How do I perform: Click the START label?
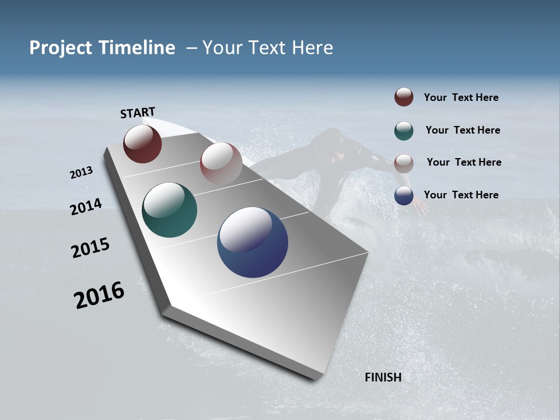pos(138,113)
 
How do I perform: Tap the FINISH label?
pos(383,377)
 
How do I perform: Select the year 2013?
pos(82,173)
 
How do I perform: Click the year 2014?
pos(86,207)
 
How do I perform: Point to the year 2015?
pos(90,248)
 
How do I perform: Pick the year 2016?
pos(99,295)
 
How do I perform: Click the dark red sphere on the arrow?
pos(142,143)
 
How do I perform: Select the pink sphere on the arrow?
pos(221,163)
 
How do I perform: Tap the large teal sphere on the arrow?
pos(169,210)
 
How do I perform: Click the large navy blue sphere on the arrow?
pos(253,242)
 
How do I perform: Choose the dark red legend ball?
pos(404,97)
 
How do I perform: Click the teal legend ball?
pos(404,130)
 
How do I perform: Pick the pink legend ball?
pos(404,163)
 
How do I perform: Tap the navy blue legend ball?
pos(404,195)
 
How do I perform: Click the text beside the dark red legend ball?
pos(461,97)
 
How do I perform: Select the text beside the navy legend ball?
pos(461,195)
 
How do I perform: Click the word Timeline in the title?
pos(137,48)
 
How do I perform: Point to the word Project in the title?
pos(61,48)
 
